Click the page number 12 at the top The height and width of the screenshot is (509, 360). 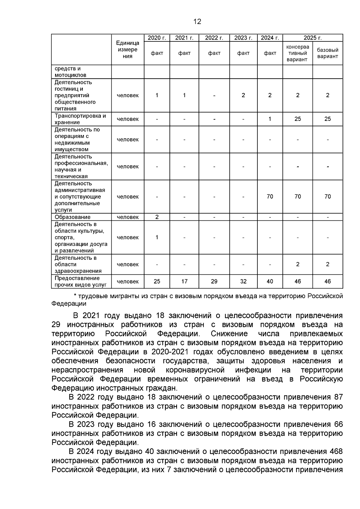coord(197,22)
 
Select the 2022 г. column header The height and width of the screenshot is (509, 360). coord(214,38)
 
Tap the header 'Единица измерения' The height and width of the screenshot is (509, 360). coord(128,49)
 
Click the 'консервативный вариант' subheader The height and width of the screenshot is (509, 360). coord(297,53)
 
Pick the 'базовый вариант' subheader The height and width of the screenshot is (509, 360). coord(327,53)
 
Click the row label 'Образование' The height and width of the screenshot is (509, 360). coord(72,217)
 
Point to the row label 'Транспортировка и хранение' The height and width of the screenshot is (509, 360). coord(80,119)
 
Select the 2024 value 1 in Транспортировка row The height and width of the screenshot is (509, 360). coord(270,119)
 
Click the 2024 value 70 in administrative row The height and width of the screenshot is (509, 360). coord(270,196)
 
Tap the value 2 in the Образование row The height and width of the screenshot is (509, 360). coord(157,217)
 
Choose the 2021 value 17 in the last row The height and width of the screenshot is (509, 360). coord(184,281)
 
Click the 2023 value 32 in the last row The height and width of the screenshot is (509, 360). coord(243,281)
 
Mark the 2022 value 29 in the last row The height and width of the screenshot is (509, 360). coord(214,281)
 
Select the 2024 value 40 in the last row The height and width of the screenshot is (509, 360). coord(270,281)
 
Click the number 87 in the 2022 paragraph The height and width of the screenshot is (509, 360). coord(338,397)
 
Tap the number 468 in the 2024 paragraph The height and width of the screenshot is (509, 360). coord(336,451)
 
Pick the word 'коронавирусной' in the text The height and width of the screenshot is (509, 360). coord(195,370)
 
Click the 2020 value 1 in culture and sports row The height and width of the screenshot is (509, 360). coord(157,237)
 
